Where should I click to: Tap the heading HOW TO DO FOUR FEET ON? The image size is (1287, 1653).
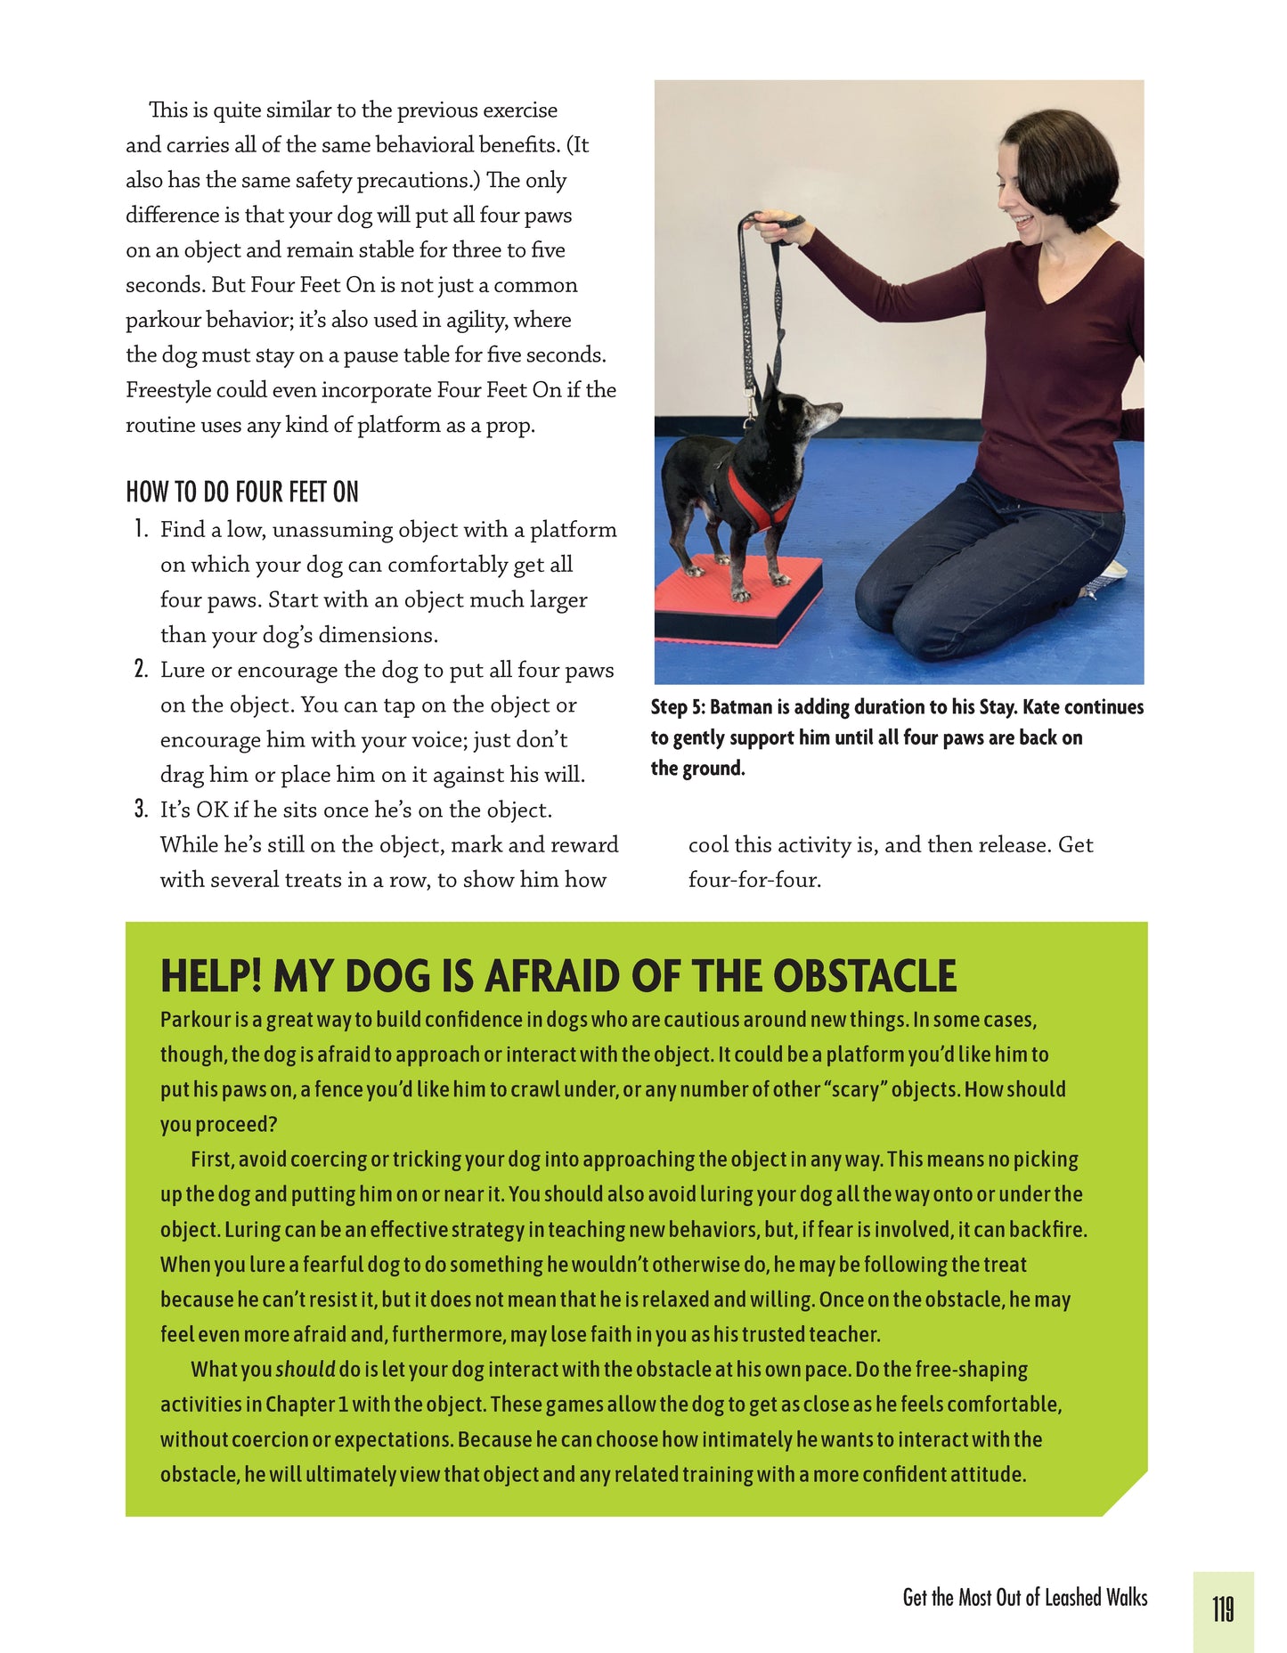click(242, 492)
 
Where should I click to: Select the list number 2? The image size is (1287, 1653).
click(141, 670)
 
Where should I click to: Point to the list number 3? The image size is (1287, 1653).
click(141, 810)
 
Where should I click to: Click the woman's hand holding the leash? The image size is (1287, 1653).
click(784, 230)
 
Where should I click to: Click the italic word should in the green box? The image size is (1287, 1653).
click(305, 1369)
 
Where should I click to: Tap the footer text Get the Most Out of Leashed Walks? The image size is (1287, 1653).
click(1024, 1598)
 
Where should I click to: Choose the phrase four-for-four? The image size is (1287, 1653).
click(754, 880)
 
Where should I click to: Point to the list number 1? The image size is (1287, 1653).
click(141, 530)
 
